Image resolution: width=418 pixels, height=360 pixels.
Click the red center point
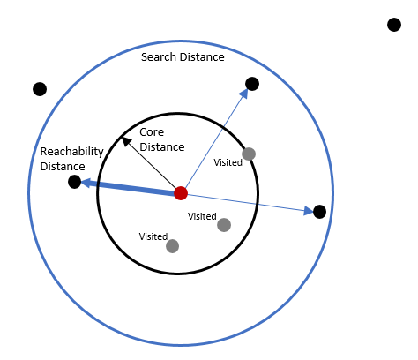coord(181,193)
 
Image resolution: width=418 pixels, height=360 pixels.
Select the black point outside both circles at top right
coord(394,24)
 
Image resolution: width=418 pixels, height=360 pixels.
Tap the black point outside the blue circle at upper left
coord(40,88)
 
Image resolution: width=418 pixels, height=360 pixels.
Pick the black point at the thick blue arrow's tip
coord(75,182)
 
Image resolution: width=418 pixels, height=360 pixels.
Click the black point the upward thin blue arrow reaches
coord(252,84)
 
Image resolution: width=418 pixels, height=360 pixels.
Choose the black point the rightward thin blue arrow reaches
coord(320,211)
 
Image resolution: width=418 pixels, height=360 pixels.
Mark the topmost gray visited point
coord(249,154)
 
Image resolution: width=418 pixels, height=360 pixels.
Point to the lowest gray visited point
coord(172,246)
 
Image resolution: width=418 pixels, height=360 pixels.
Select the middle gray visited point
coord(224,225)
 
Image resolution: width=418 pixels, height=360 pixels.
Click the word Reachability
coord(72,152)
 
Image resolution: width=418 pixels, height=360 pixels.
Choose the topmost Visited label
coord(228,162)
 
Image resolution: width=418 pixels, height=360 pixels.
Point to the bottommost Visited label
coord(153,236)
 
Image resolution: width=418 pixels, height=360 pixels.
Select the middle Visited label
coord(202,216)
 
